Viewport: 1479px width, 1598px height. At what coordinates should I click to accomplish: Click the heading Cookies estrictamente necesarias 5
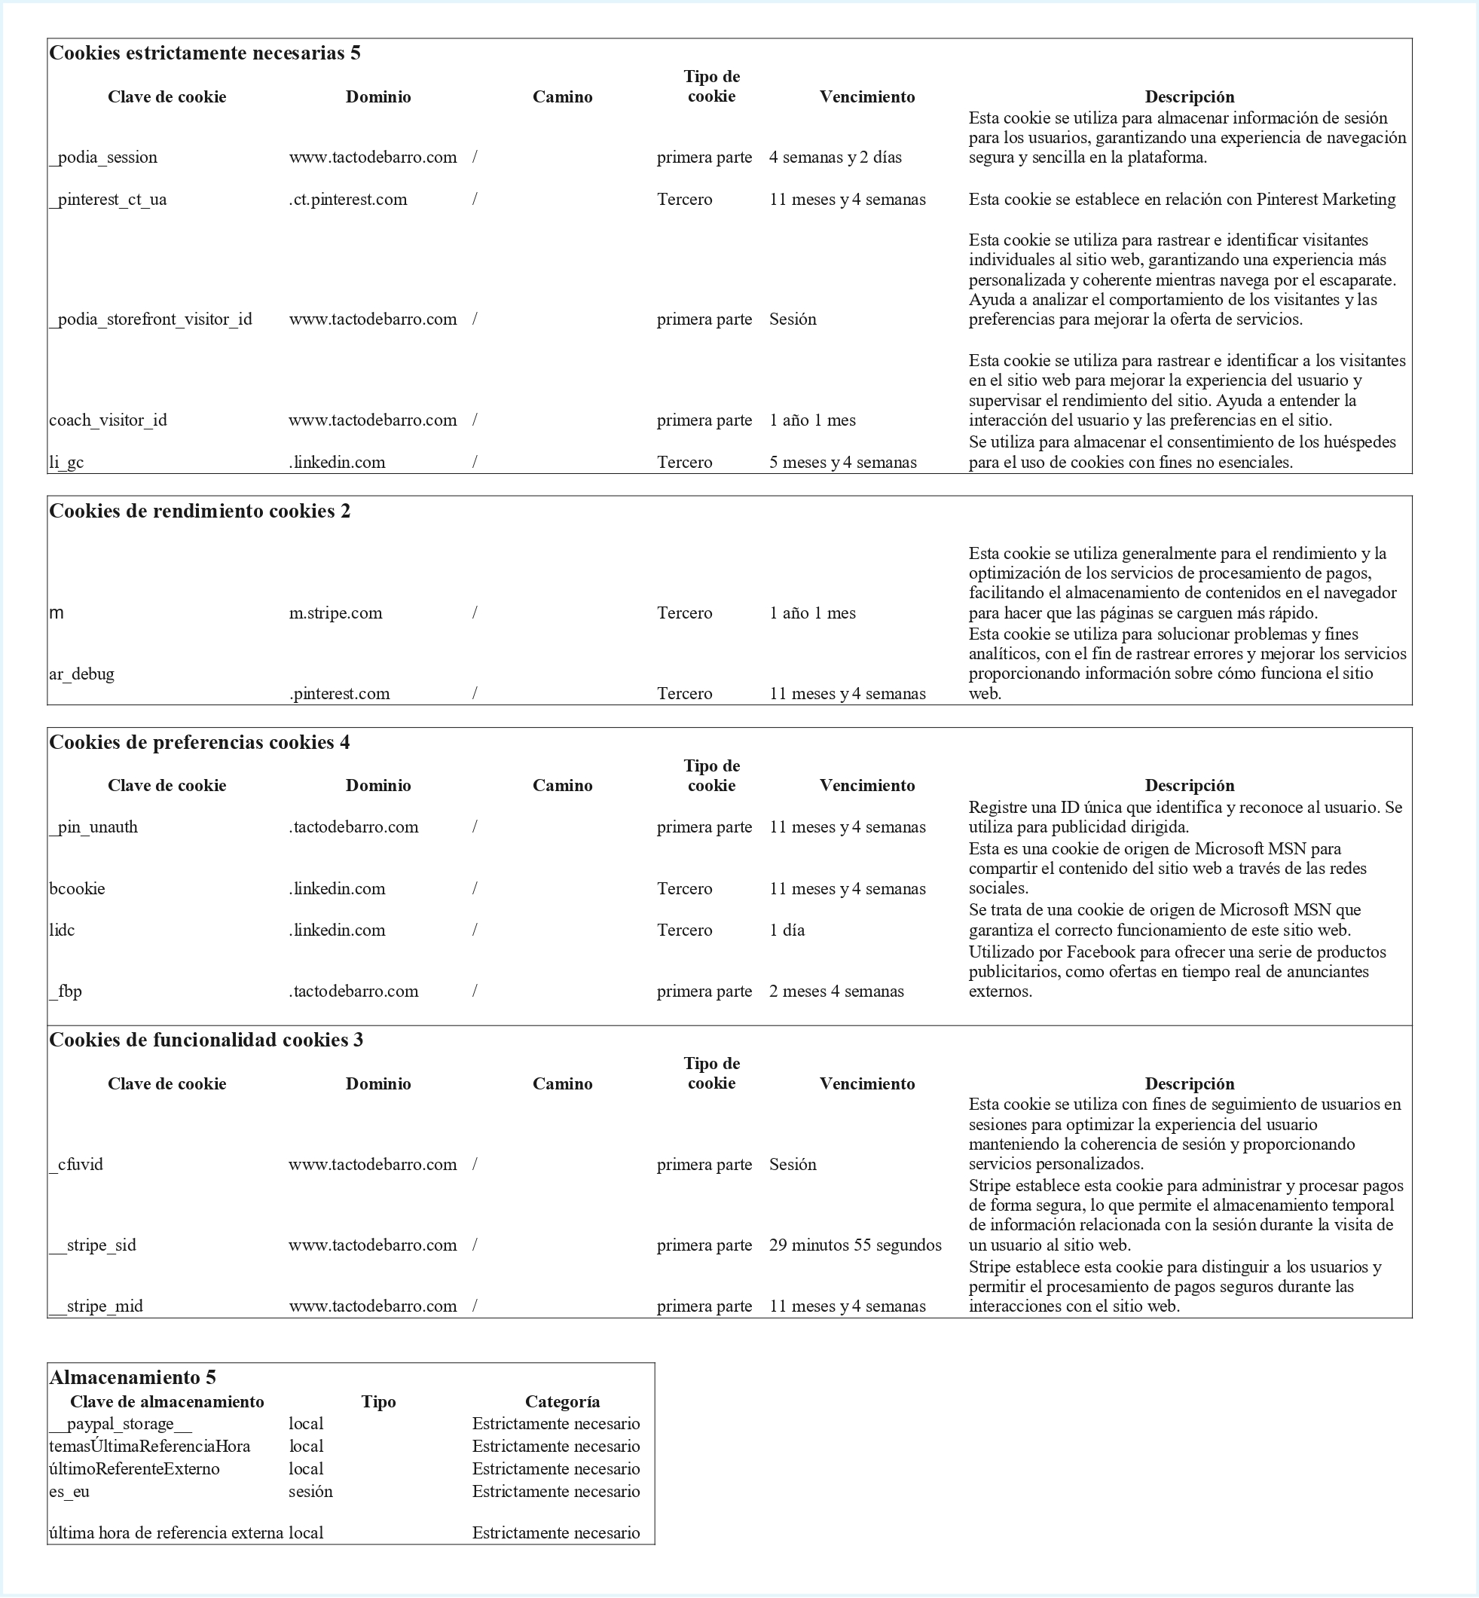click(205, 53)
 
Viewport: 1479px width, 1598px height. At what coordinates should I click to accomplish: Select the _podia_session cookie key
click(103, 157)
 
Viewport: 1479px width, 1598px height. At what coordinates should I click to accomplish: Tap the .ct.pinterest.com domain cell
click(347, 199)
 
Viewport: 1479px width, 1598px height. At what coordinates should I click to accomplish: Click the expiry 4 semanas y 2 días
click(835, 157)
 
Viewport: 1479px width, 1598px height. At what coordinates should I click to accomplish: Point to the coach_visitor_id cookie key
click(108, 420)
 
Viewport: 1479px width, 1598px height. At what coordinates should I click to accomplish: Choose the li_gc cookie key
click(66, 463)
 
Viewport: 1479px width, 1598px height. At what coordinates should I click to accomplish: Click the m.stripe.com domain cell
click(335, 613)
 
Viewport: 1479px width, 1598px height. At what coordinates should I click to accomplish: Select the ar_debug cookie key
click(81, 674)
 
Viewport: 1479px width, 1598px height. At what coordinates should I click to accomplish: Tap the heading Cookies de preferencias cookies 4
click(199, 743)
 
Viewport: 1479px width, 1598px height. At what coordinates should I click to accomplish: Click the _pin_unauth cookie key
click(93, 827)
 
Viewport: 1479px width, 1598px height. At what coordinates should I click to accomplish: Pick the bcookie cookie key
click(77, 889)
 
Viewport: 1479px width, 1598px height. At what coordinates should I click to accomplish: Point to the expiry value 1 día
click(787, 930)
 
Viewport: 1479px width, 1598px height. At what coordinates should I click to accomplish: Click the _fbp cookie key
click(66, 991)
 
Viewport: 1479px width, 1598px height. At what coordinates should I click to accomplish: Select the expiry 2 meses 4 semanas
click(836, 991)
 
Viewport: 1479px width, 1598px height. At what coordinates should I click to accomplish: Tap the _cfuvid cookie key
click(76, 1164)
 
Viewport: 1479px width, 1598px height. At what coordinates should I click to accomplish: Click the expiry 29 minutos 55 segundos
click(854, 1245)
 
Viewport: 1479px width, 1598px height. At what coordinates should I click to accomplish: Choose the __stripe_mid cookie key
click(96, 1306)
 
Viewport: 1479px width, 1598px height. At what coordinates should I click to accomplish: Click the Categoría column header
click(562, 1402)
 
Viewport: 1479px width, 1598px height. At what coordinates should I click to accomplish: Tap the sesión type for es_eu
click(310, 1492)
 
